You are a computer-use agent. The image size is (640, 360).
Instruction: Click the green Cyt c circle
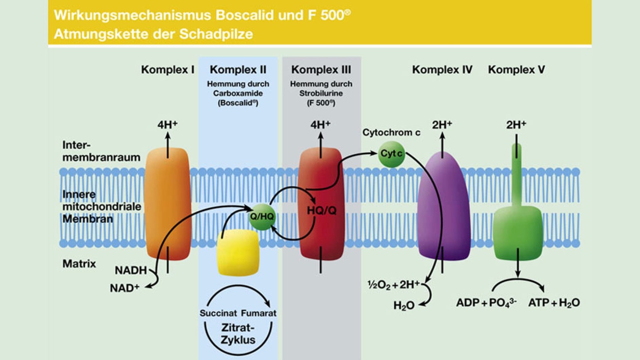click(391, 153)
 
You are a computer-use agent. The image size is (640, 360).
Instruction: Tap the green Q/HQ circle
click(261, 217)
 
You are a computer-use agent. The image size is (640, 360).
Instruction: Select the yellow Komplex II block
click(238, 253)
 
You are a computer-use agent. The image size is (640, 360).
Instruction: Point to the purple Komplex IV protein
click(443, 208)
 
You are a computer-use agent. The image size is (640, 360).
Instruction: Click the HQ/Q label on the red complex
click(321, 210)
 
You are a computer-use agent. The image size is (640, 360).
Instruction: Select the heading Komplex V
click(516, 70)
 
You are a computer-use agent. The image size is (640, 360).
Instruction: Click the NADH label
click(130, 270)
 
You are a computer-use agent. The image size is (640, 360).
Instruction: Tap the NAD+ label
click(124, 288)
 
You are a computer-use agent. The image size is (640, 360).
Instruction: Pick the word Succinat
click(218, 313)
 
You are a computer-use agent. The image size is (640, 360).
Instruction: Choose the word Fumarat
click(258, 313)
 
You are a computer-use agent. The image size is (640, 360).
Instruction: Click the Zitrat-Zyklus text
click(238, 334)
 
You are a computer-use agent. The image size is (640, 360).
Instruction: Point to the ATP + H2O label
click(554, 303)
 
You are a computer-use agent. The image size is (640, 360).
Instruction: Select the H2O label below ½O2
click(404, 306)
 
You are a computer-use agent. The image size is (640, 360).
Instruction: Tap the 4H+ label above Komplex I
click(167, 124)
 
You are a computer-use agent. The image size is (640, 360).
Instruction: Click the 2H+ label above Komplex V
click(516, 124)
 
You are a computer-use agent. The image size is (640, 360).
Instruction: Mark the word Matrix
click(79, 264)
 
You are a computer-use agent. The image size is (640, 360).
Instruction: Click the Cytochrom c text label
click(391, 133)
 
